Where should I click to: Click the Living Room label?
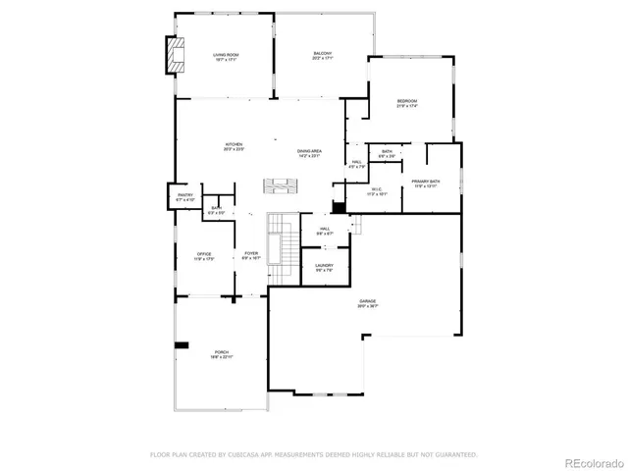[x=227, y=57]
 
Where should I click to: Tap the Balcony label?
[x=323, y=56]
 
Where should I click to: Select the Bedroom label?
[x=407, y=103]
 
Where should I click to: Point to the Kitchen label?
[x=234, y=147]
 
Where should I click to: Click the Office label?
[x=204, y=256]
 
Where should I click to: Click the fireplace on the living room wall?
[x=174, y=56]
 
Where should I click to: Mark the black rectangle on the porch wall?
[x=182, y=344]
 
